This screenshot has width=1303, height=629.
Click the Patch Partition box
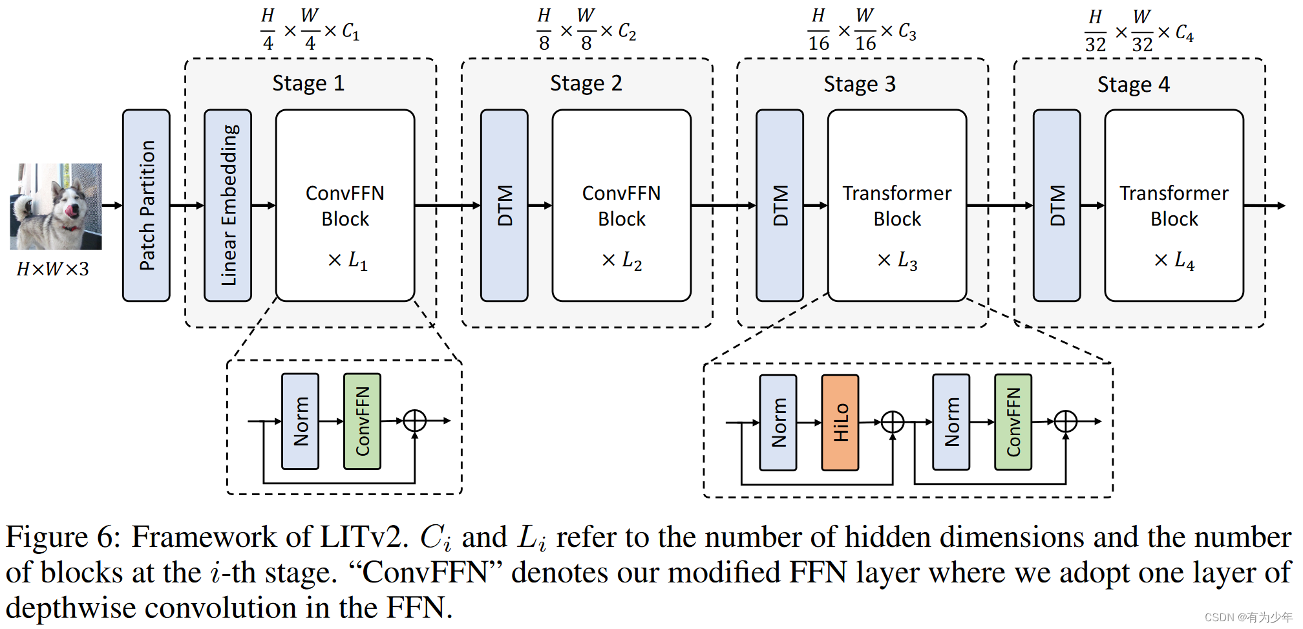146,206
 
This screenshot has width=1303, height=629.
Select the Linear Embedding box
228,206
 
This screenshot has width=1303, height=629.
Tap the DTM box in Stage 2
504,206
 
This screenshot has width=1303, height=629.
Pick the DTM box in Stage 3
780,206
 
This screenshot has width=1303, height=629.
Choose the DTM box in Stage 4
1057,206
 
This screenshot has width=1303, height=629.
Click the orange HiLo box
840,422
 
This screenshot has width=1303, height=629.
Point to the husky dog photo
56,206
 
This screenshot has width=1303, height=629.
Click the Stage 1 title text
308,83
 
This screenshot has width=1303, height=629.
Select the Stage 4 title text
1134,85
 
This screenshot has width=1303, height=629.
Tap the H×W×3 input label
53,269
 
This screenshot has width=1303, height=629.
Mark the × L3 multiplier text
897,261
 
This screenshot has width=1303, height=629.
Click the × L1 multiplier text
348,261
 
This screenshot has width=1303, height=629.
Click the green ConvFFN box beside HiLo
1013,422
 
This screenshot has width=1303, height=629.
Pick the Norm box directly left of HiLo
778,422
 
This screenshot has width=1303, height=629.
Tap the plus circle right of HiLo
893,422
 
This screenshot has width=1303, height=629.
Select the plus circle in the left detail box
414,421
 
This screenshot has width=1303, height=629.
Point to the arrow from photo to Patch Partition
112,206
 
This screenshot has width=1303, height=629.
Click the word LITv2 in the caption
364,537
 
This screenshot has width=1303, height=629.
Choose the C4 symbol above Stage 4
1184,32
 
